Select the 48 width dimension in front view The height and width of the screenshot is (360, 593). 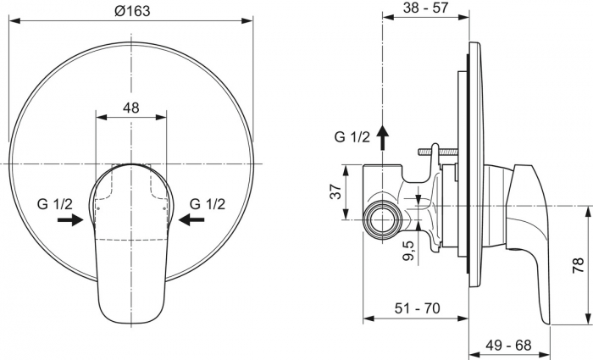(131, 108)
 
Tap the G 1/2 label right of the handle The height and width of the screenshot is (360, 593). (207, 203)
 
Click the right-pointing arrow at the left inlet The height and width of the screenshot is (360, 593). (71, 219)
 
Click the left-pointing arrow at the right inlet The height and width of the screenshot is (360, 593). (192, 219)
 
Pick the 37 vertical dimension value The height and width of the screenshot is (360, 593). (336, 192)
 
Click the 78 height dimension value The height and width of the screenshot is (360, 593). (577, 266)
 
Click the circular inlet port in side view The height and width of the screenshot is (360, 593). (381, 220)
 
